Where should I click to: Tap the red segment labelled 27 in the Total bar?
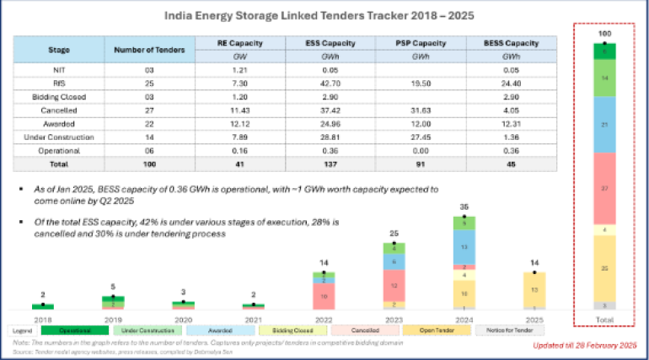click(x=603, y=189)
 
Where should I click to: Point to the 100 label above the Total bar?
click(x=603, y=34)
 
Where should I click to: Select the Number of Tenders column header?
click(x=142, y=50)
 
